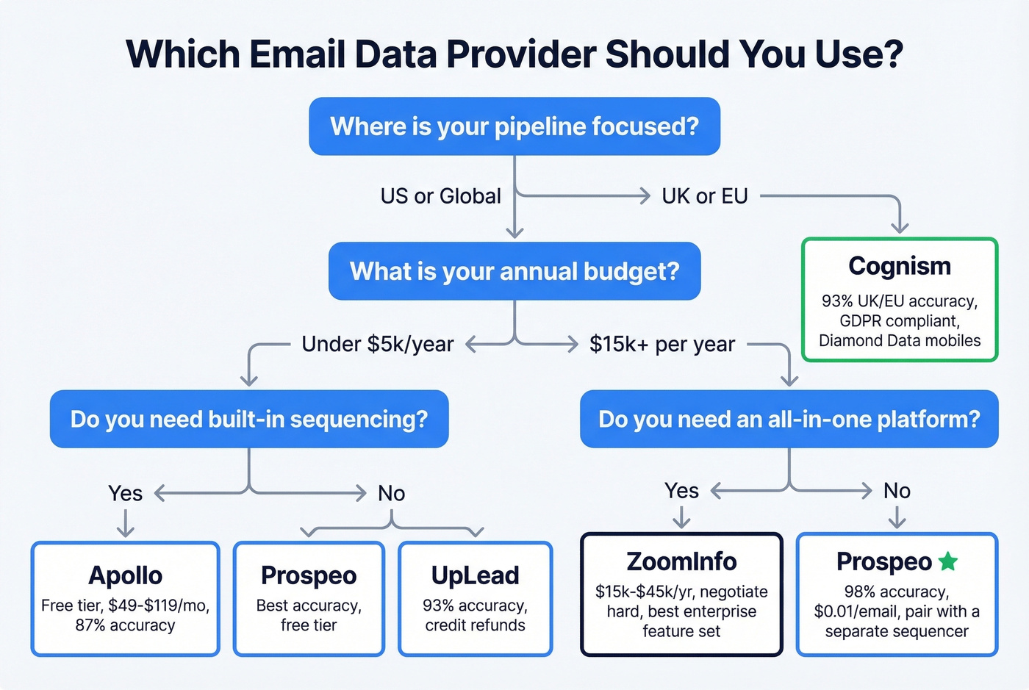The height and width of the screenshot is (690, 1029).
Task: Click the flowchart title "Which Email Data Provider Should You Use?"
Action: pyautogui.click(x=514, y=54)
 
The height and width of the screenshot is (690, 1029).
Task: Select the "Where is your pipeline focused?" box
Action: pyautogui.click(x=514, y=126)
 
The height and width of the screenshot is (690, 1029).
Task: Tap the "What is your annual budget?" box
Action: pyautogui.click(x=514, y=271)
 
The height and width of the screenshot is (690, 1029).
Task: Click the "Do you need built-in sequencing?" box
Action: pyautogui.click(x=249, y=419)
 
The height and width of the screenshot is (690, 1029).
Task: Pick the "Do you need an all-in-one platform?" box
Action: pyautogui.click(x=789, y=419)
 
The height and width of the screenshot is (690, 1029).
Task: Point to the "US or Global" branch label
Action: pyautogui.click(x=440, y=196)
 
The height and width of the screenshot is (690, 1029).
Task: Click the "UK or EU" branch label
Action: pyautogui.click(x=704, y=196)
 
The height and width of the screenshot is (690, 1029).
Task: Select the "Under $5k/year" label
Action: pyautogui.click(x=378, y=344)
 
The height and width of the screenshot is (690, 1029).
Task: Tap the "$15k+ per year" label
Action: pyautogui.click(x=661, y=344)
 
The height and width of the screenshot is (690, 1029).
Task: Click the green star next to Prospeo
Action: pyautogui.click(x=948, y=561)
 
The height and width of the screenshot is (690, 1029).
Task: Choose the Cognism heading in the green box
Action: pyautogui.click(x=900, y=266)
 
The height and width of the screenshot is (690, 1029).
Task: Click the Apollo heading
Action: pyautogui.click(x=126, y=575)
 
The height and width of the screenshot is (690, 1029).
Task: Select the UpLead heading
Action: pyautogui.click(x=475, y=575)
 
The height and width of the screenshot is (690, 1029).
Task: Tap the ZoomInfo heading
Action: pyautogui.click(x=681, y=561)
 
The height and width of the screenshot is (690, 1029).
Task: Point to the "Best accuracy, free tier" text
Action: pyautogui.click(x=309, y=615)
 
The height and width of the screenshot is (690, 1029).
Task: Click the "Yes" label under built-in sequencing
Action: pyautogui.click(x=125, y=493)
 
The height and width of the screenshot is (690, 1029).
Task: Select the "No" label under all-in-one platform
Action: pyautogui.click(x=897, y=491)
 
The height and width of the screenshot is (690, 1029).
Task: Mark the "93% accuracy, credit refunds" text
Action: pyautogui.click(x=475, y=615)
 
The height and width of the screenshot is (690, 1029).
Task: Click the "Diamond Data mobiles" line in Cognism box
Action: pyautogui.click(x=900, y=340)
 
